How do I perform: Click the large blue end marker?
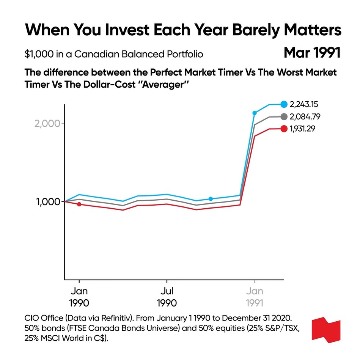[x=284, y=104]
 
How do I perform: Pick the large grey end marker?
[x=284, y=116]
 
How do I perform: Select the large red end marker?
[x=284, y=129]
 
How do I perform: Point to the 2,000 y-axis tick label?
[x=47, y=124]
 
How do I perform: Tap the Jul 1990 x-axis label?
[x=167, y=297]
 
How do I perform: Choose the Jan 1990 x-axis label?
[x=79, y=297]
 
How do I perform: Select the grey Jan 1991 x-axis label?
[x=255, y=297]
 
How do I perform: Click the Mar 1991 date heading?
[x=312, y=53]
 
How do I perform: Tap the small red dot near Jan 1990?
[x=79, y=204]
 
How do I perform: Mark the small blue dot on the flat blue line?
[x=211, y=199]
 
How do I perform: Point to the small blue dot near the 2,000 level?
[x=255, y=113]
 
